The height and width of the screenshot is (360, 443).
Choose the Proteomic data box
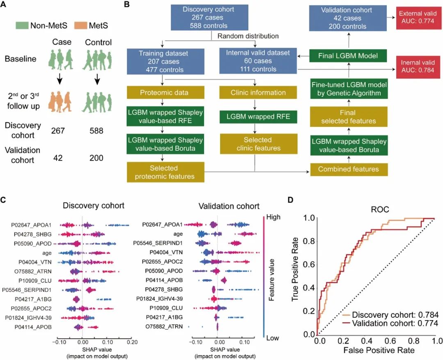pyautogui.click(x=163, y=92)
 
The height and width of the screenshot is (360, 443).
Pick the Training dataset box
pyautogui.click(x=163, y=60)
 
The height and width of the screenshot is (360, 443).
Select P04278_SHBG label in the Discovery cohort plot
pyautogui.click(x=37, y=234)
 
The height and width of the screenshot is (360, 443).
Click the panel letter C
pyautogui.click(x=3, y=201)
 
